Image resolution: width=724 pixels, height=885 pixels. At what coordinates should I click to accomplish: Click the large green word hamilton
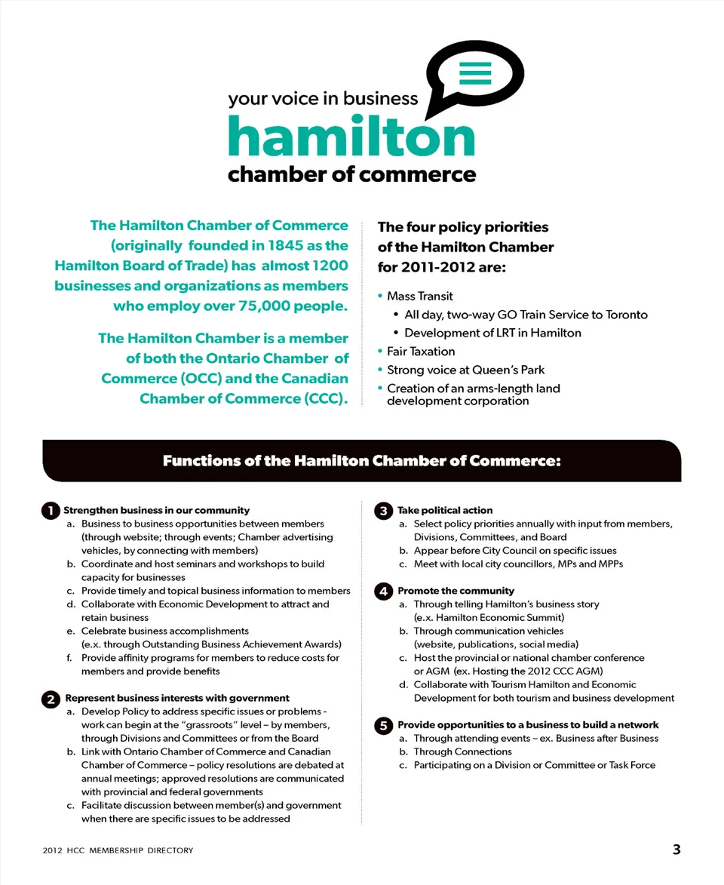point(351,137)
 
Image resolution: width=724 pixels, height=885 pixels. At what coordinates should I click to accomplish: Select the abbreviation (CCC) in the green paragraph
point(326,398)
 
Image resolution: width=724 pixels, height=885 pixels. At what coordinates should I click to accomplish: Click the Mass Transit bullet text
point(419,296)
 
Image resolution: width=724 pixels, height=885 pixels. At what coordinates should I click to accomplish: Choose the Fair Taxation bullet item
point(421,351)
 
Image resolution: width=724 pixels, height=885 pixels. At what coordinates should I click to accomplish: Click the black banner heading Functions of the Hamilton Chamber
point(362,461)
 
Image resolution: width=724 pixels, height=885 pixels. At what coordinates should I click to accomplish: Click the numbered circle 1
point(51,511)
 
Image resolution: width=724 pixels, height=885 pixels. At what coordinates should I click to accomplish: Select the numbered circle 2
point(51,699)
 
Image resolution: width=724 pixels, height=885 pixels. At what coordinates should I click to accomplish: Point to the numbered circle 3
point(383,511)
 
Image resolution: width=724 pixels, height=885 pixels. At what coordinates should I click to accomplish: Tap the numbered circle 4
point(383,592)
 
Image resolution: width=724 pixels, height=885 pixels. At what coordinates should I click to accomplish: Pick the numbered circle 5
point(383,725)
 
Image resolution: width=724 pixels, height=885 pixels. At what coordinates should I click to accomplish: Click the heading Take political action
point(445,510)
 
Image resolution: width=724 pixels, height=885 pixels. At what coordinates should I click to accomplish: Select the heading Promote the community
point(456,591)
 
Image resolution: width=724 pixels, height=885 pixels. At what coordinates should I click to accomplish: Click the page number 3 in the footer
point(676,850)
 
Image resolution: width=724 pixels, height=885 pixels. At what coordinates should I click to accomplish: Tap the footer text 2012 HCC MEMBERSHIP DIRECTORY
point(118,850)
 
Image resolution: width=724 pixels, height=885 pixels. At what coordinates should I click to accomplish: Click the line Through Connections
point(462,751)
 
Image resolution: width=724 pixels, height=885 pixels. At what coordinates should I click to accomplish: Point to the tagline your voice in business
point(323,98)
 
